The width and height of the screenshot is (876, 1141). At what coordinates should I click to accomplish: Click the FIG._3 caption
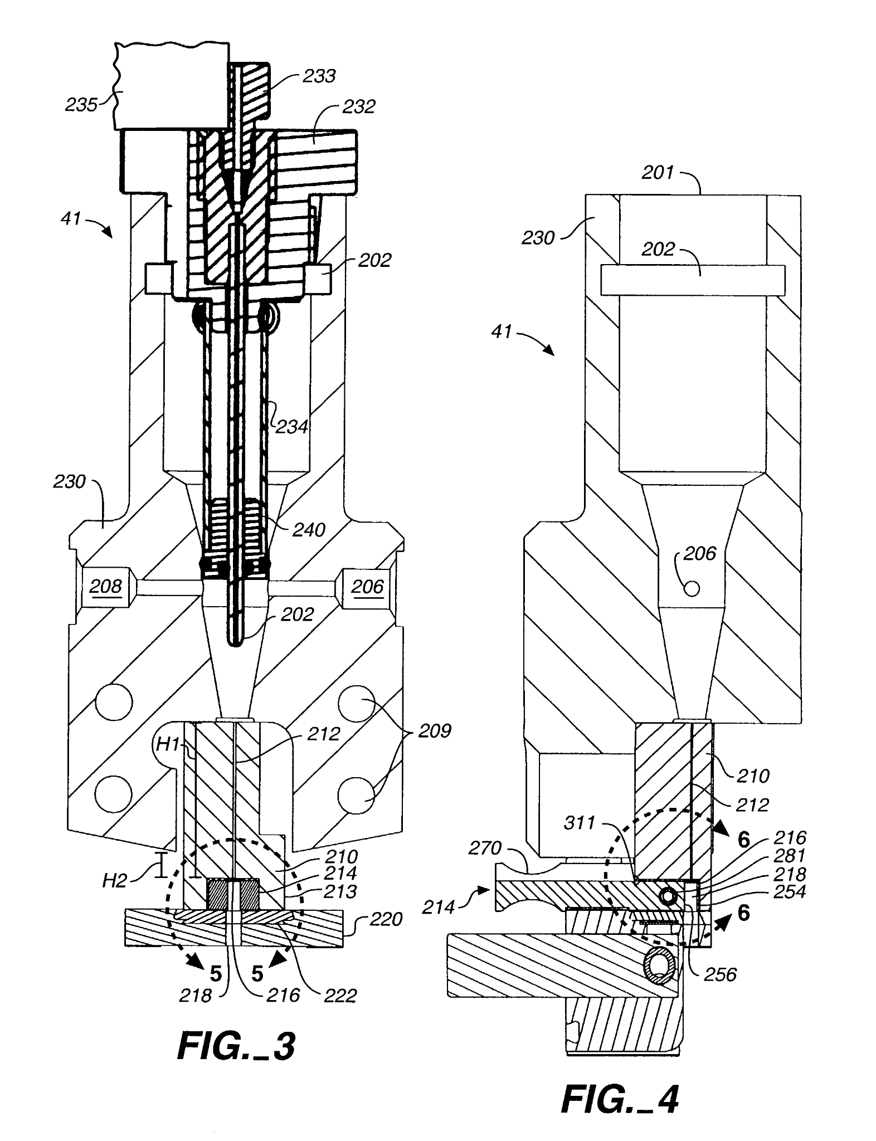[236, 1046]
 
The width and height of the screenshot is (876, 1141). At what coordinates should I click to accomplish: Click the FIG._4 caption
[620, 1100]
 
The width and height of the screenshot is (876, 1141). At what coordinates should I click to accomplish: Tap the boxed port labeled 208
[106, 587]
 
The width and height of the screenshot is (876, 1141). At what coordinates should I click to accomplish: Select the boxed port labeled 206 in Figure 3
[367, 587]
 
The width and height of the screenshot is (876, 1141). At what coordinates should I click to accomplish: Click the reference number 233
[319, 76]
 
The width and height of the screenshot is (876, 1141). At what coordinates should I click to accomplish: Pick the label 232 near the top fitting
[358, 106]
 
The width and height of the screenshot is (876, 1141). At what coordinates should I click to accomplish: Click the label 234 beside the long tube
[292, 427]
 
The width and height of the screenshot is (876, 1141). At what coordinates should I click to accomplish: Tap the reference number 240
[309, 529]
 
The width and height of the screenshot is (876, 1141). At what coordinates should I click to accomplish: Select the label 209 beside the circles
[434, 731]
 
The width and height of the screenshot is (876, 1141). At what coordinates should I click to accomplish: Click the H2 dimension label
[115, 880]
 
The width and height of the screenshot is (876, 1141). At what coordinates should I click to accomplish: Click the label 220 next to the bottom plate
[386, 919]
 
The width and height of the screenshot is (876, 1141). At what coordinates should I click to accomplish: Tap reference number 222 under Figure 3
[340, 996]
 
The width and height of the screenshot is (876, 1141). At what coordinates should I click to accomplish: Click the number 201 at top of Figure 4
[658, 173]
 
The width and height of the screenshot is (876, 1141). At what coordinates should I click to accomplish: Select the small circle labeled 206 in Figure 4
[692, 588]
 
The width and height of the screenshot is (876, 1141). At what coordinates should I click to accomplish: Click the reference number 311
[580, 823]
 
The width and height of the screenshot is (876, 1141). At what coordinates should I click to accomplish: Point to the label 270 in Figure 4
[485, 849]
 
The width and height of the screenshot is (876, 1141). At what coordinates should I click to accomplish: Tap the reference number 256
[720, 974]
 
